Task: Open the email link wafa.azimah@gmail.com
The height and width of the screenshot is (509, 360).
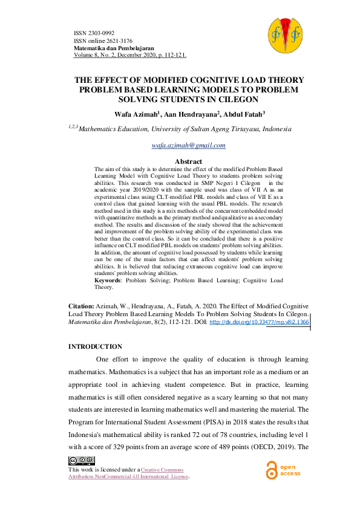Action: click(189, 145)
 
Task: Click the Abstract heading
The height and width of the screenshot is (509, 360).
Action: click(188, 161)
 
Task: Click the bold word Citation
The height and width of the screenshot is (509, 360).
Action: click(81, 307)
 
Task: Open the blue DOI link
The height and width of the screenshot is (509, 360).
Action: click(259, 323)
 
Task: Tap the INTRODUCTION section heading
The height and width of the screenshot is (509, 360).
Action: click(95, 346)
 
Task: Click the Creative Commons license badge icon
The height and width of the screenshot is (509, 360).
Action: click(82, 461)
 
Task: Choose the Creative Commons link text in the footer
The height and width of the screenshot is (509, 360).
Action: click(162, 470)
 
